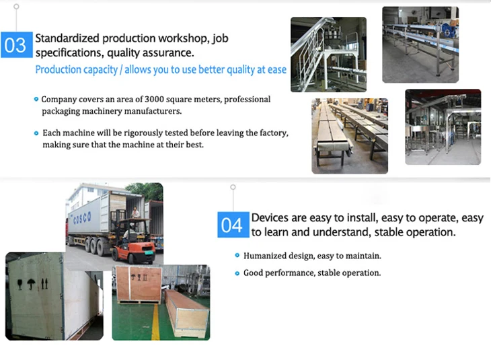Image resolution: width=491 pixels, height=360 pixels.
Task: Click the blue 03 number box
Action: coord(15,45)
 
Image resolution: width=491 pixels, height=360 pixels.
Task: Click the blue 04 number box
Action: coord(232,225)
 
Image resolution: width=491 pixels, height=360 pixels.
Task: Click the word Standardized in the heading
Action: coord(66,38)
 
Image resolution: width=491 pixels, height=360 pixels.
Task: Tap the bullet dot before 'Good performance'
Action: coord(237,273)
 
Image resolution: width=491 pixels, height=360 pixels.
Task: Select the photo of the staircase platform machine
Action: coord(328,54)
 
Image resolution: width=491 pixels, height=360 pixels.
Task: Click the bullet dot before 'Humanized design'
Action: coord(237,256)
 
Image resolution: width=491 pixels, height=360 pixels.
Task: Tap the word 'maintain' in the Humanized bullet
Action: coord(364,256)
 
